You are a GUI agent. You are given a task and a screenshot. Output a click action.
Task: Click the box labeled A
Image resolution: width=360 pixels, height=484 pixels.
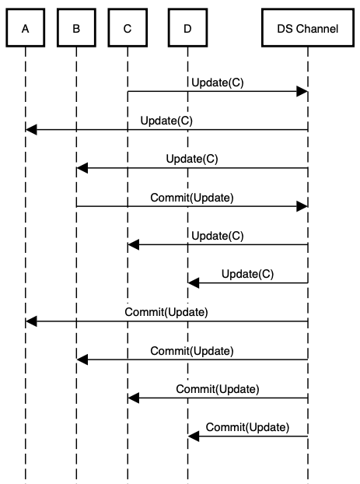[26, 29]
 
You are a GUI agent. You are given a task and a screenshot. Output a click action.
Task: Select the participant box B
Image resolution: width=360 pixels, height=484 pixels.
[76, 29]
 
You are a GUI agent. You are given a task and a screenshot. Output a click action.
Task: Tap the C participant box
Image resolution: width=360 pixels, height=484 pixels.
[128, 29]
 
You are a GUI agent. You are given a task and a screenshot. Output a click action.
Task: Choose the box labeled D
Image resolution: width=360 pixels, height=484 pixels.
[187, 29]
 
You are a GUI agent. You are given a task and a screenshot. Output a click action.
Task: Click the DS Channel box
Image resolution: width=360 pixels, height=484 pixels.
[308, 29]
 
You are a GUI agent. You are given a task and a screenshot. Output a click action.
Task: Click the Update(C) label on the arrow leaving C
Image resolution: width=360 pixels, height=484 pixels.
[215, 82]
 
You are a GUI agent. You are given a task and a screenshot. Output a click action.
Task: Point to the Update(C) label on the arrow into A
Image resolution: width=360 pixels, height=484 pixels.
[166, 121]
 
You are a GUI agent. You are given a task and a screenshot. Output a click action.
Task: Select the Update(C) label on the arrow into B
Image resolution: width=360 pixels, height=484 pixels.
[192, 159]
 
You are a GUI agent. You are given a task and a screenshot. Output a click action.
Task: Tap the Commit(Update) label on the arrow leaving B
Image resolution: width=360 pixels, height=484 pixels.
[192, 197]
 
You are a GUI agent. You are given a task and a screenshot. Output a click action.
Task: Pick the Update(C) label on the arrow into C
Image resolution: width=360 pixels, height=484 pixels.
[215, 235]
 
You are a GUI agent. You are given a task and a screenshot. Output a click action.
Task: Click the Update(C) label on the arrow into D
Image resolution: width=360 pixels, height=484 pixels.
[247, 273]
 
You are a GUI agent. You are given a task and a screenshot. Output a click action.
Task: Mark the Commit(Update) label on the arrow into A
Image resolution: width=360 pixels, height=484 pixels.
[166, 312]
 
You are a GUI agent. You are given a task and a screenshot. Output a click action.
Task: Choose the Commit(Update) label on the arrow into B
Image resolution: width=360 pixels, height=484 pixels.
[192, 350]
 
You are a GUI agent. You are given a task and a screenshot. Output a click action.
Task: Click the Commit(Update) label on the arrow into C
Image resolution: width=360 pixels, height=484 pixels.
[218, 388]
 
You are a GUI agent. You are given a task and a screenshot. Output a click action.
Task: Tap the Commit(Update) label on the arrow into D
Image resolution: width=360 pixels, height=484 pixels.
[247, 426]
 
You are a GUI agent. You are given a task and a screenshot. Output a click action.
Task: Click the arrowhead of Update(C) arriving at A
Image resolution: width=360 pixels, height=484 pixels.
[31, 130]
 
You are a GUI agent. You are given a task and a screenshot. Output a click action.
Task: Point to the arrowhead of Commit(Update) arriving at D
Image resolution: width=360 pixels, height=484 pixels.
[193, 436]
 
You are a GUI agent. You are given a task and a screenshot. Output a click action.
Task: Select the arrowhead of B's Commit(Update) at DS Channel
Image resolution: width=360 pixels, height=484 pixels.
[303, 206]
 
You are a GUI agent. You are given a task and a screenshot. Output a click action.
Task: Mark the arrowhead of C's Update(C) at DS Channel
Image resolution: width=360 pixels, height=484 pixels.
[303, 92]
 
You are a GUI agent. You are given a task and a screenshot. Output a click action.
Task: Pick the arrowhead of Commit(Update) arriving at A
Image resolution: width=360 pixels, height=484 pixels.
[31, 321]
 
